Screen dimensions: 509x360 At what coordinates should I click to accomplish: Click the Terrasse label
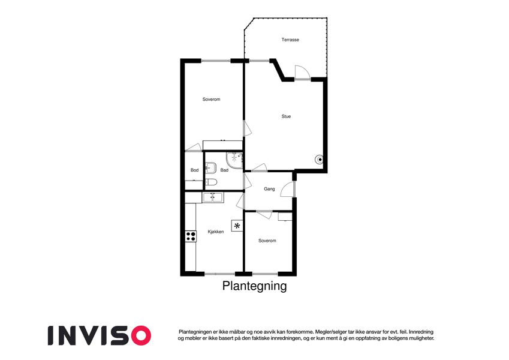[290, 40]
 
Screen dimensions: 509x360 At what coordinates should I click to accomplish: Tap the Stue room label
[286, 116]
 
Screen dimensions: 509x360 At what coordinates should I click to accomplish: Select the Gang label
[269, 189]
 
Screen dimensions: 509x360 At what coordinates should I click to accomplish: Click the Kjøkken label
[216, 232]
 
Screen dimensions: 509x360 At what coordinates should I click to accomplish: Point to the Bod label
[194, 170]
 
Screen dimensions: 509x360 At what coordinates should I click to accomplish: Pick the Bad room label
[224, 170]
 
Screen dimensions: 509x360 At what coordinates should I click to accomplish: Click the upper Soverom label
[211, 99]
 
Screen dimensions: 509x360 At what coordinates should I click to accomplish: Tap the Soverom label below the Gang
[267, 241]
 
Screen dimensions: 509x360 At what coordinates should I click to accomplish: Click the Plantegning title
[254, 286]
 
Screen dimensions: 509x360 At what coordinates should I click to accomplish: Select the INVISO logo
[100, 335]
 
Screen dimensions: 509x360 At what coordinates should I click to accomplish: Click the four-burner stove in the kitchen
[191, 236]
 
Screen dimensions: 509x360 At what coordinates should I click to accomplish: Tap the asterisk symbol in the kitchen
[237, 226]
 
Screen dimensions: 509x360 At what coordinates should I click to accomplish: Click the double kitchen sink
[213, 197]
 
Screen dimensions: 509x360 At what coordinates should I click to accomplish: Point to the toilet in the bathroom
[211, 182]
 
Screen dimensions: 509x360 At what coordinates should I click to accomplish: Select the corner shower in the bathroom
[234, 160]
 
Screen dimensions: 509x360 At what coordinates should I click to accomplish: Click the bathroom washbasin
[211, 167]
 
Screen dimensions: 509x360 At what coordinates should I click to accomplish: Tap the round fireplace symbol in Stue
[320, 160]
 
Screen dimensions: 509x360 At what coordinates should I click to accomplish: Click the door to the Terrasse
[302, 72]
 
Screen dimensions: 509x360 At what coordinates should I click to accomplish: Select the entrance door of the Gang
[288, 189]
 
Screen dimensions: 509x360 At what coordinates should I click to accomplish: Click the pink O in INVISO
[140, 335]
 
